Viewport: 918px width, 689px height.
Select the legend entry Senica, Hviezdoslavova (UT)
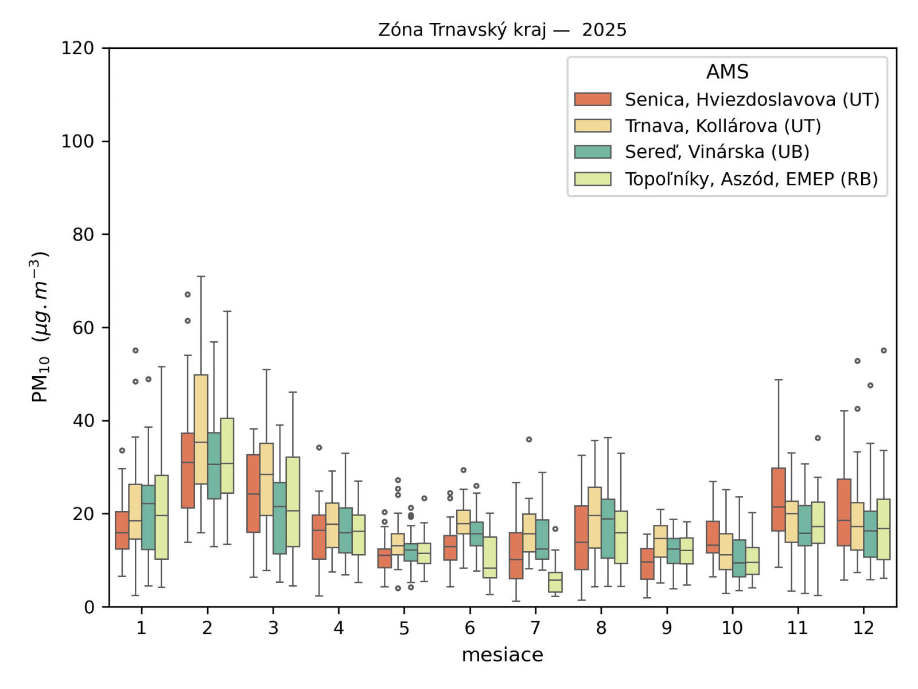[752, 100]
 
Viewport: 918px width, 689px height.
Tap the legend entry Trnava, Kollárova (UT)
[722, 126]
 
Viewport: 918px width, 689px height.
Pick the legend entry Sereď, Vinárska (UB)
[717, 152]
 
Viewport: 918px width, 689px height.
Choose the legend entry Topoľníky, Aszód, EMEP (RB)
[751, 179]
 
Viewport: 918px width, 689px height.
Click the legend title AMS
[727, 72]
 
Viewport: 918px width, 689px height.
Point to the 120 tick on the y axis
[78, 48]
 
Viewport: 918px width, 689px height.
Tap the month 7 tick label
[535, 628]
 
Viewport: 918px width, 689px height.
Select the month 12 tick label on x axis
[863, 628]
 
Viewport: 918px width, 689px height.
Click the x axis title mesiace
[502, 655]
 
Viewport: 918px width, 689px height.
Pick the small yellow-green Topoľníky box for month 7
[555, 582]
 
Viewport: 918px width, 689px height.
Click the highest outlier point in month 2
[188, 295]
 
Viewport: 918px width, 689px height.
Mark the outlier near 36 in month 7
[529, 440]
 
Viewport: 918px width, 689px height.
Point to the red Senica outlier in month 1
[122, 451]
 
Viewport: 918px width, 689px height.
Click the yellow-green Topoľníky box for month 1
[162, 517]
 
